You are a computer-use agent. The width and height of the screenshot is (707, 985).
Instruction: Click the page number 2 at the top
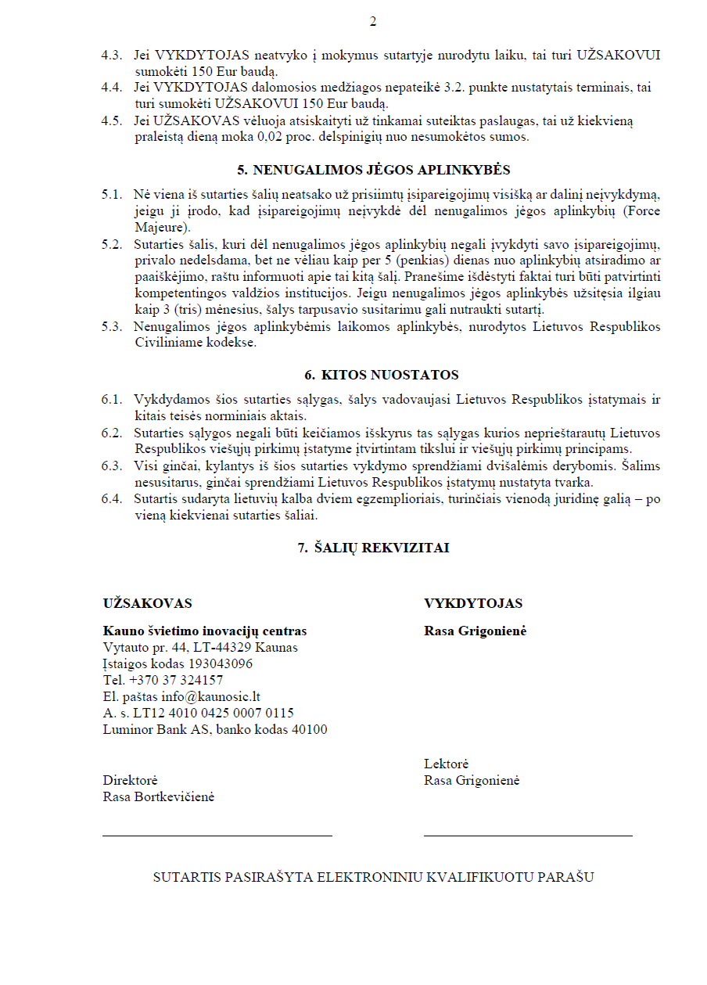pos(372,22)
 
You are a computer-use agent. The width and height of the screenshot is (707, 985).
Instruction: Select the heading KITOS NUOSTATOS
pos(382,375)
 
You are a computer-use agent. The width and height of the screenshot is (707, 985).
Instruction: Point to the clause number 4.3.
pos(112,56)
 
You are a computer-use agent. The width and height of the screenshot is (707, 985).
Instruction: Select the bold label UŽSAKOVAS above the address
pos(147,603)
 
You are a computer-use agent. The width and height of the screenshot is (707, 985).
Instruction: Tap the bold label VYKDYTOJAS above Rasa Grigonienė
pos(473,603)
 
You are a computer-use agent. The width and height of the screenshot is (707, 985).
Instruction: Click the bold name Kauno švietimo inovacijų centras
pos(205,631)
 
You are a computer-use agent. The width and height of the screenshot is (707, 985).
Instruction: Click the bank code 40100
pos(310,729)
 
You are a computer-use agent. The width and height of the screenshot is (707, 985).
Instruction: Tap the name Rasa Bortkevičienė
pos(159,796)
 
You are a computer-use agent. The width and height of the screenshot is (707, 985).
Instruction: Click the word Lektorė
pos(446,764)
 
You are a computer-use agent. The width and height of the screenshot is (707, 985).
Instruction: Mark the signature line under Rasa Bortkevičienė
pos(217,835)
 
